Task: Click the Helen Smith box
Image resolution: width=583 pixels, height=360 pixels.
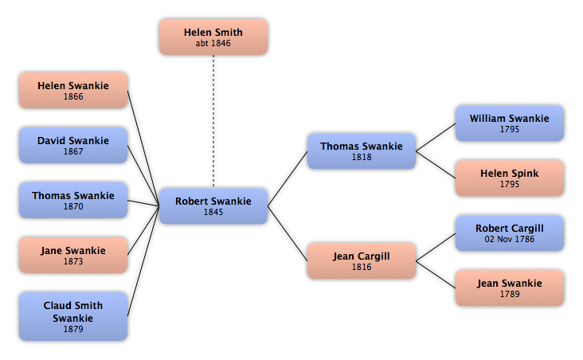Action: (213, 37)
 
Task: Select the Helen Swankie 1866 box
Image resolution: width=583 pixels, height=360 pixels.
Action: (73, 90)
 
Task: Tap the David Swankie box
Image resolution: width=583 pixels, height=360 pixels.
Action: (73, 146)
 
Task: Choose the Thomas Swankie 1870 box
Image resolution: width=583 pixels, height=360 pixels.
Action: (73, 200)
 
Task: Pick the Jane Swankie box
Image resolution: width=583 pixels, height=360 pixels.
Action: (73, 255)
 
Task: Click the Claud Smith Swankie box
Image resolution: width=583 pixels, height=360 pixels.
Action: (73, 316)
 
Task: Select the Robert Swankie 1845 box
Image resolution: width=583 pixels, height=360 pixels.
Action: (213, 206)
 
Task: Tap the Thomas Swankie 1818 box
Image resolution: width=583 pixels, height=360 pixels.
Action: (362, 151)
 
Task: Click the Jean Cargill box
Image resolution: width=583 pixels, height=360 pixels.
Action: (362, 260)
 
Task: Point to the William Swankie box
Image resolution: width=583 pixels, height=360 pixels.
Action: (510, 123)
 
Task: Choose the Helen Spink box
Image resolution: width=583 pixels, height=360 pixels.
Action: (510, 178)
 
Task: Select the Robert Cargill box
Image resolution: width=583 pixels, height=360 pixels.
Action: (510, 233)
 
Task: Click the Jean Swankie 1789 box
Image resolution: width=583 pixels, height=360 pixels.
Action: (510, 288)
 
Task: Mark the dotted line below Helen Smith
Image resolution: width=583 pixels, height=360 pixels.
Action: (213, 121)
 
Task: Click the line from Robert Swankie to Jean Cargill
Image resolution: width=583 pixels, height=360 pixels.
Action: (288, 233)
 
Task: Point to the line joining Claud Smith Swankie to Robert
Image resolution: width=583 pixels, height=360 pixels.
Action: (143, 261)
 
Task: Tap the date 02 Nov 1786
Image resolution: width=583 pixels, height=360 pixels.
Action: (510, 239)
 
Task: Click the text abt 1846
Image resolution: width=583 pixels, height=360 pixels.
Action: (213, 43)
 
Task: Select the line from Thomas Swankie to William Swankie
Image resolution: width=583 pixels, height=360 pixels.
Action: (436, 137)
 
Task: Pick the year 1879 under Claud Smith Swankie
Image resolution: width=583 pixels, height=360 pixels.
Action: (73, 329)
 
